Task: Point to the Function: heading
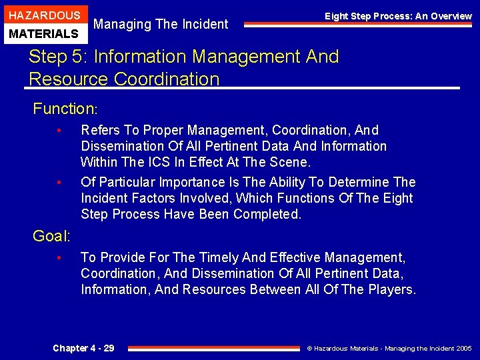(65, 108)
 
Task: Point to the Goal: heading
(51, 235)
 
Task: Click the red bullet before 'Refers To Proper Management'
(59, 130)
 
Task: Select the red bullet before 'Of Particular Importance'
(59, 182)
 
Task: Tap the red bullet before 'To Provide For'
(59, 257)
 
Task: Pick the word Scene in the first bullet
(293, 162)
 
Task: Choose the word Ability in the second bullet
(289, 182)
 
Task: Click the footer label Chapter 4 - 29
(83, 348)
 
